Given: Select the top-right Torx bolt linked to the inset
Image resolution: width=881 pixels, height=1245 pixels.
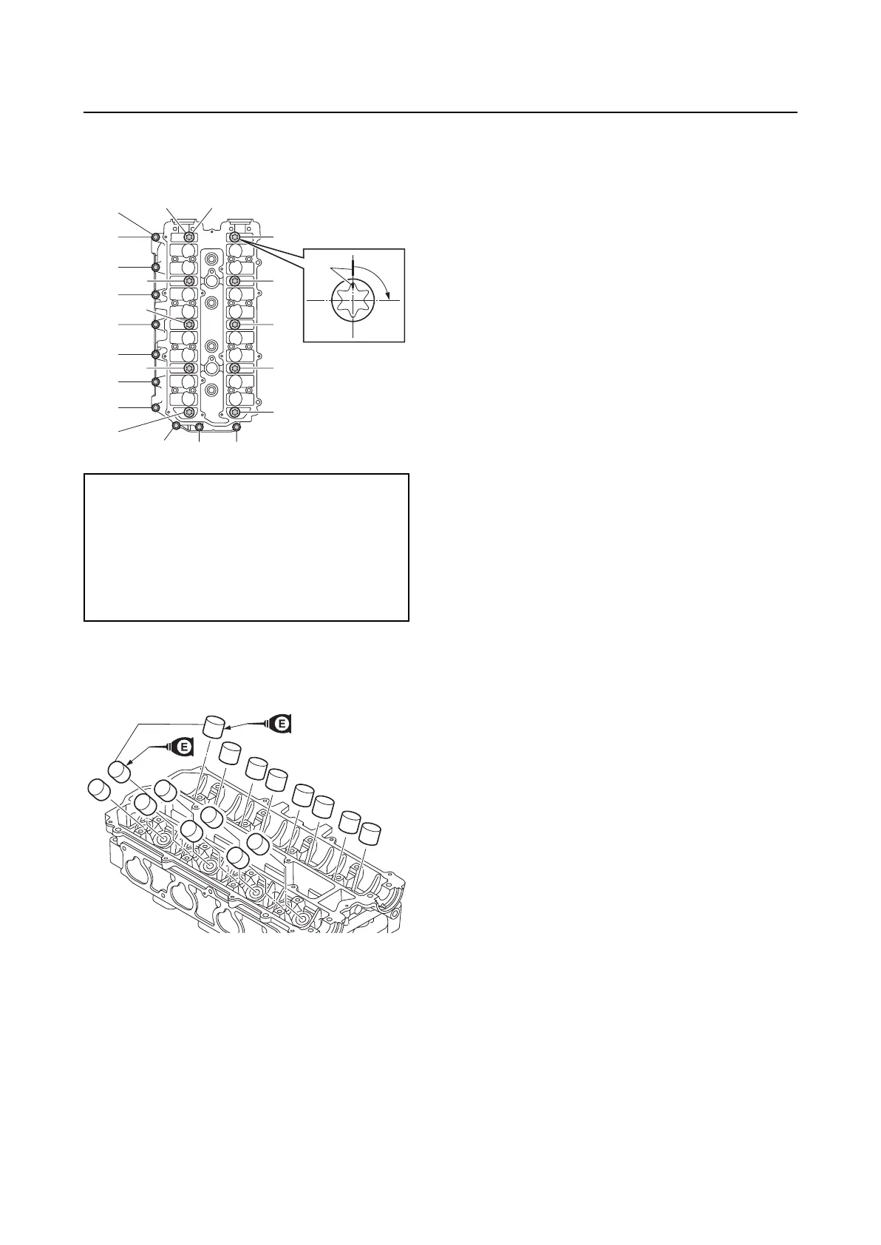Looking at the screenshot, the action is [x=235, y=237].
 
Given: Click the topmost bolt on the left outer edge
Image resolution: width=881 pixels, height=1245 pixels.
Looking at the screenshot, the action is [x=156, y=237].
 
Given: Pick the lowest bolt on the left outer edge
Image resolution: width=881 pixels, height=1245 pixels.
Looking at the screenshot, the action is [x=156, y=407].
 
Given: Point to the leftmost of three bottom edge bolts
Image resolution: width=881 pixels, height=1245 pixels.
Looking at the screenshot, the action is [x=176, y=426].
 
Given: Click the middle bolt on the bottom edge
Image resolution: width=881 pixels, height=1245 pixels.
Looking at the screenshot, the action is [x=199, y=427].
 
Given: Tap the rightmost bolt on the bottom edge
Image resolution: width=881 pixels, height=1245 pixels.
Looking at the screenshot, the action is [x=237, y=427].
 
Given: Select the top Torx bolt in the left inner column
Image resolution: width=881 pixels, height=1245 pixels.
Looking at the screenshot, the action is [x=189, y=237].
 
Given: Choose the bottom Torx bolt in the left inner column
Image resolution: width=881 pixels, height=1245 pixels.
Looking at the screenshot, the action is [x=189, y=412].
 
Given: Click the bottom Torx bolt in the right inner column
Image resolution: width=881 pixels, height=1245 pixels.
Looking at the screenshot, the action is [x=235, y=412].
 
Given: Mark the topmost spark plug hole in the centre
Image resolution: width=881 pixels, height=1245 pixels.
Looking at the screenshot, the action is [x=212, y=259].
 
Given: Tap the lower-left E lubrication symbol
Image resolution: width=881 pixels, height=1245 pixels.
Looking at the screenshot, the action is [x=183, y=747].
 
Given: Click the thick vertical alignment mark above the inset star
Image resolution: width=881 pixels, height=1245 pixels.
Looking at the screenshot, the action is [x=353, y=268].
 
